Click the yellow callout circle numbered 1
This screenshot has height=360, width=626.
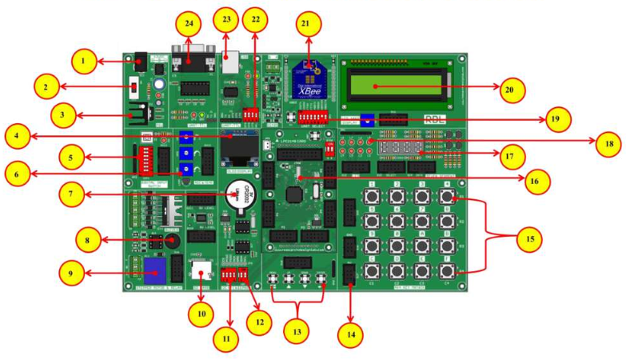point(83,60)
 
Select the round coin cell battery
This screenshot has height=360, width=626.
point(235,194)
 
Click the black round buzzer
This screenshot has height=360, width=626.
point(169,238)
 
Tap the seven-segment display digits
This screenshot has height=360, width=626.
point(401,150)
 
